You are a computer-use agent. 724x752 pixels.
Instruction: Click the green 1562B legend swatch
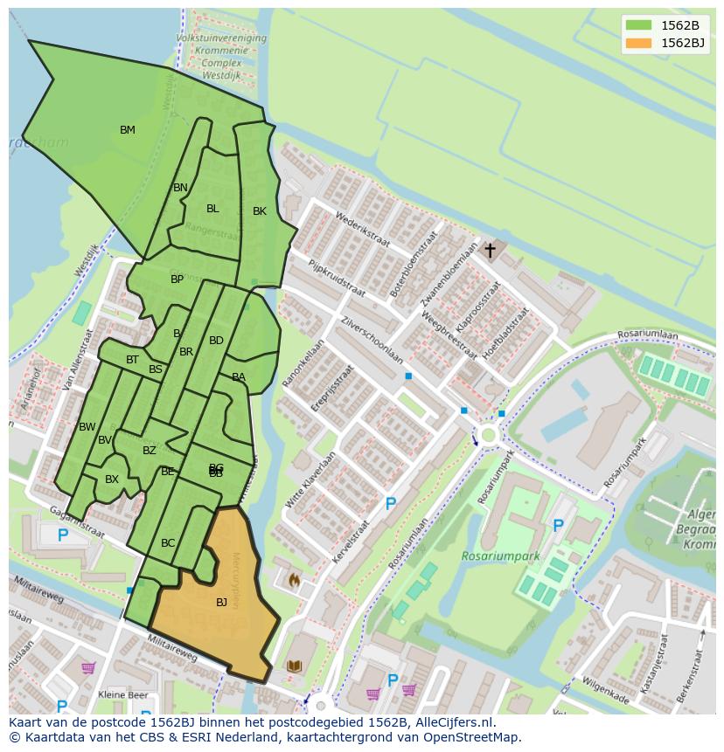[x=638, y=25]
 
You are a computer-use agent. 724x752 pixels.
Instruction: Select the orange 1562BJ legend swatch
[x=638, y=43]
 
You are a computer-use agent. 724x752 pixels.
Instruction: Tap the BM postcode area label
[x=128, y=130]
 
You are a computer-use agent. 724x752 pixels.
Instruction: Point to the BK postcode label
[x=260, y=211]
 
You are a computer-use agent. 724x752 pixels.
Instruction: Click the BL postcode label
[x=212, y=209]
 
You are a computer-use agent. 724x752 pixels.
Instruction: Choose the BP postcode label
[x=178, y=279]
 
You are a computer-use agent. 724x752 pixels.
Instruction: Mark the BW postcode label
[x=87, y=427]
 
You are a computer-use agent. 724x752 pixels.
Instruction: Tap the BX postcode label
[x=112, y=479]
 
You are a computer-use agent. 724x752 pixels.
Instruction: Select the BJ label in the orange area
[x=221, y=602]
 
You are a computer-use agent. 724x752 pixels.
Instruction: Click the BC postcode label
[x=168, y=543]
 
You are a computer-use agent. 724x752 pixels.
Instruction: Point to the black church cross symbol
[x=490, y=251]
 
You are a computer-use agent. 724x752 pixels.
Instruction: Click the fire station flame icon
[x=295, y=579]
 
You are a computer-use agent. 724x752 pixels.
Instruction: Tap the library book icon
[x=295, y=666]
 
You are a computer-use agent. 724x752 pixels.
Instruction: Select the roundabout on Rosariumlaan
[x=487, y=434]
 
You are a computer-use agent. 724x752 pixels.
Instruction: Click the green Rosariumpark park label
[x=501, y=555]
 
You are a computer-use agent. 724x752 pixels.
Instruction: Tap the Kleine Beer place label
[x=123, y=695]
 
